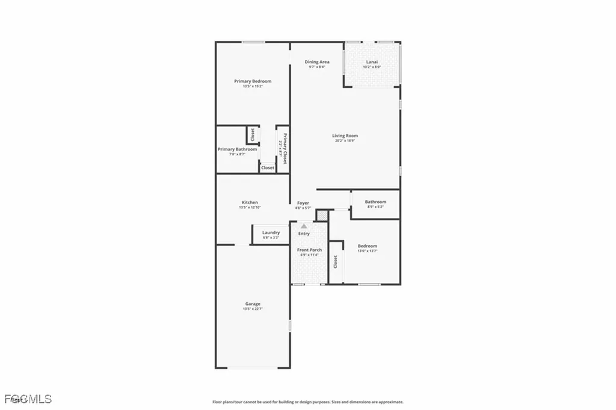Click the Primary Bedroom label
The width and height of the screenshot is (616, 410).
click(253, 81)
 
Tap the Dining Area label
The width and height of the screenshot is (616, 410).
click(316, 62)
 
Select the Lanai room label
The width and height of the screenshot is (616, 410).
click(372, 62)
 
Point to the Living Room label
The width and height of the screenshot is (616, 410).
click(345, 135)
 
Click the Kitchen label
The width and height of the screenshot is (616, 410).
click(250, 202)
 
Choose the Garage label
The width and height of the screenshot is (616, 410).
click(253, 304)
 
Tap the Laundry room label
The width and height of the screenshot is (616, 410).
click(271, 232)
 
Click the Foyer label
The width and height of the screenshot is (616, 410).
click(303, 203)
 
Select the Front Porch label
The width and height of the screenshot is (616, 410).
click(309, 250)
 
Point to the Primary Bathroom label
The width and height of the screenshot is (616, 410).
click(237, 149)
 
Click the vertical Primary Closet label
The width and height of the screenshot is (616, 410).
click(285, 149)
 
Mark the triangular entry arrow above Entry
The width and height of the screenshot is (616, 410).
click(304, 226)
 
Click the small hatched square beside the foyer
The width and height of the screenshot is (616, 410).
click(322, 215)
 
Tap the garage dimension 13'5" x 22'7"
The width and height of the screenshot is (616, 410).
click(253, 309)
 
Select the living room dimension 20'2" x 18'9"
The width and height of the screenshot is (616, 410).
click(345, 140)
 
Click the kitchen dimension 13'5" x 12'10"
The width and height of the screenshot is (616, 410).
click(250, 208)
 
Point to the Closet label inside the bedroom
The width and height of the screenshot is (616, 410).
click(336, 262)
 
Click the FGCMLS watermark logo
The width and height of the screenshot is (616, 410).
click(27, 399)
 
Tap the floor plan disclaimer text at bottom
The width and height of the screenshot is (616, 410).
click(307, 402)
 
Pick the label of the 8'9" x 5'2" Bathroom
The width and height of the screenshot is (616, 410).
click(375, 202)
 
